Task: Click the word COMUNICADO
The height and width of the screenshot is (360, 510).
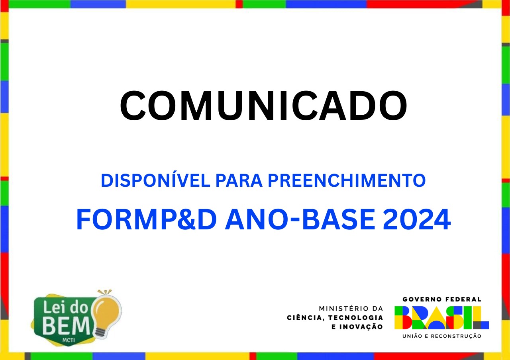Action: click(263, 106)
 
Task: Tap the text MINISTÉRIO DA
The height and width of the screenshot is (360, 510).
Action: click(351, 309)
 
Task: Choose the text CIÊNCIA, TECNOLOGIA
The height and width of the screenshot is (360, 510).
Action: click(335, 317)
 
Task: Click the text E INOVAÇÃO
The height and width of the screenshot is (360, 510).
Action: click(357, 327)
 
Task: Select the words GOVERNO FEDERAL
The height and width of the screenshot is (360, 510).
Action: click(442, 299)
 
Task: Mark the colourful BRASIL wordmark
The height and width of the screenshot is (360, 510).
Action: click(441, 317)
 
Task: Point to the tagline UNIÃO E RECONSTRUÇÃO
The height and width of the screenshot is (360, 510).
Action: click(442, 336)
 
